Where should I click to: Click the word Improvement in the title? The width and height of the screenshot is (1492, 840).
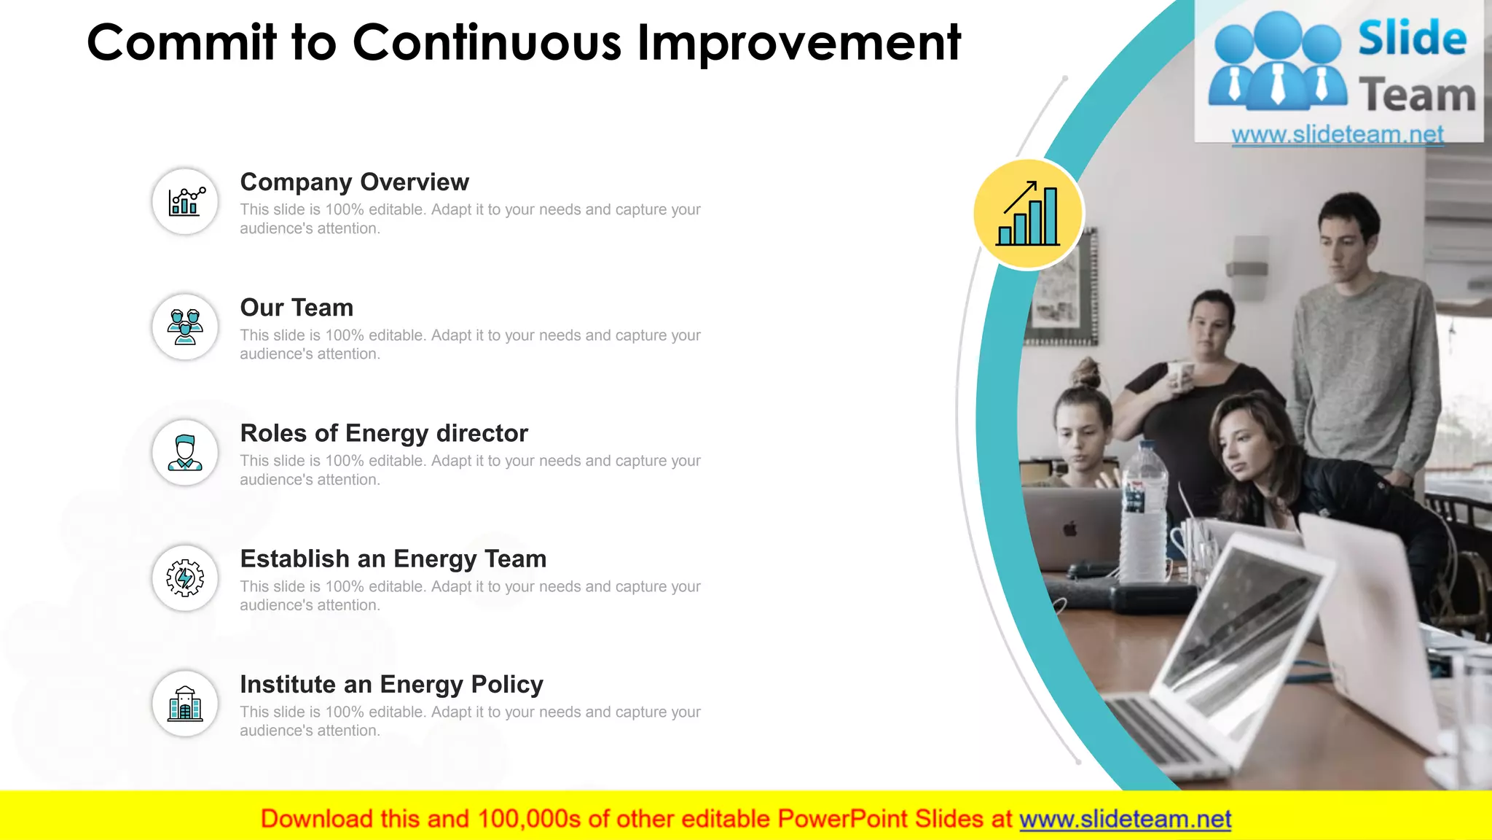tap(798, 42)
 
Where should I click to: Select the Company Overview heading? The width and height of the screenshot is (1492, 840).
tap(354, 182)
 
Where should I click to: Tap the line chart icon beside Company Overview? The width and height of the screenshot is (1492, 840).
tap(185, 201)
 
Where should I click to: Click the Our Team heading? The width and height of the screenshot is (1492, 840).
tap(297, 308)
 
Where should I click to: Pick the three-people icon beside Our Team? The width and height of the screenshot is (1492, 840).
tap(185, 327)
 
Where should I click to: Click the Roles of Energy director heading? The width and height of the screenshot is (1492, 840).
tap(384, 433)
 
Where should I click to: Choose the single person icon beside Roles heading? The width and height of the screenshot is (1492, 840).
tap(185, 453)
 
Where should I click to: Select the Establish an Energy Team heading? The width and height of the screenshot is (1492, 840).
tap(393, 559)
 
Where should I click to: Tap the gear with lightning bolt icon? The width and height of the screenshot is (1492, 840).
tap(185, 578)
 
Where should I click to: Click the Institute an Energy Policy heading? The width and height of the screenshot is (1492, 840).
tap(391, 684)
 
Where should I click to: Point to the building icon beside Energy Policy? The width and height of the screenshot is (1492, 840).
tap(185, 704)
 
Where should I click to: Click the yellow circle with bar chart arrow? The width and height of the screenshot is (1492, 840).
tap(1028, 214)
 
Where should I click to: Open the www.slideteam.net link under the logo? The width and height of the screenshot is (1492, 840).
tap(1337, 134)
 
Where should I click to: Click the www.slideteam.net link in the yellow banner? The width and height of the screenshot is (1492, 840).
tap(1125, 819)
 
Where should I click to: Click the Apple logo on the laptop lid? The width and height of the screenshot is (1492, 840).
tap(1070, 528)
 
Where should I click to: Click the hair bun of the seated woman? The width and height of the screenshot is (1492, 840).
tap(1088, 373)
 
